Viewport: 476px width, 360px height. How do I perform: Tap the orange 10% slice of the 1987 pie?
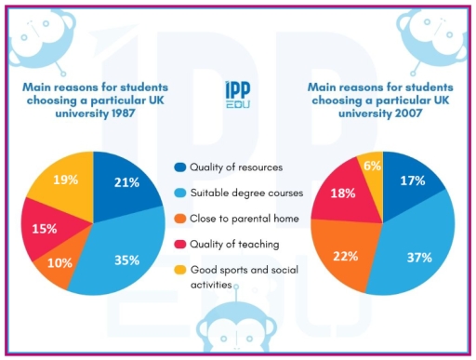point(60,261)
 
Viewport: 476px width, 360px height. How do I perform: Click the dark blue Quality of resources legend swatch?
point(179,167)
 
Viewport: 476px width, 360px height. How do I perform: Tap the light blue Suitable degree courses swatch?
point(179,193)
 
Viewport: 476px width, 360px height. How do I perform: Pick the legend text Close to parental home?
point(244,220)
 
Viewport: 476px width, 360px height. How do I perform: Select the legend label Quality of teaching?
point(234,245)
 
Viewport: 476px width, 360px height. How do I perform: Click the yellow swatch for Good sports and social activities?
point(179,271)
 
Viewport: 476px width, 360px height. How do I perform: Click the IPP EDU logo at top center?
point(238,94)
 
